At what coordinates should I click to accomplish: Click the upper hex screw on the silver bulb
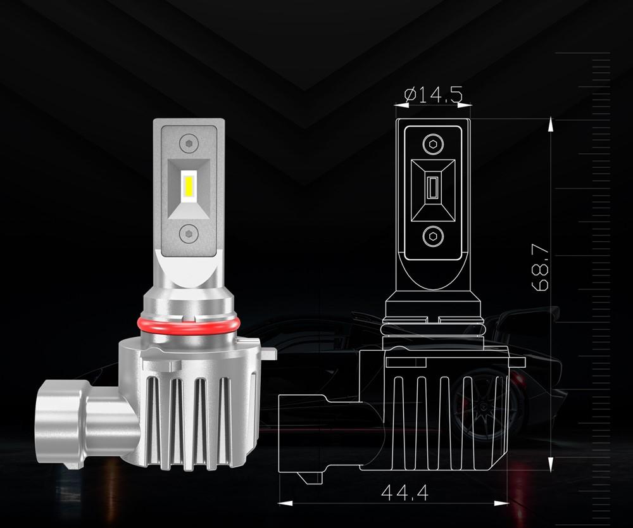[x=188, y=144]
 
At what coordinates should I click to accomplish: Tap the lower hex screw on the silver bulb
[x=188, y=234]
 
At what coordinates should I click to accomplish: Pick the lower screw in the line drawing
[x=433, y=237]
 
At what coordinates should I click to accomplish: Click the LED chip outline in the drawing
[x=433, y=189]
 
